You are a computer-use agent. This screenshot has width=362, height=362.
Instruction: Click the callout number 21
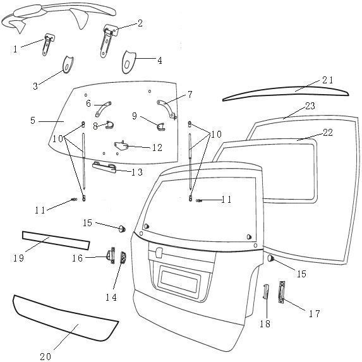pos(328,80)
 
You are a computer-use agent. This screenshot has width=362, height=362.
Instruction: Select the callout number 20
pos(45,356)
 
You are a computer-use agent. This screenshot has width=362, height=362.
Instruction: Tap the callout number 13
pos(137,172)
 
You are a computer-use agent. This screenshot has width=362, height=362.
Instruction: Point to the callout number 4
pos(160,61)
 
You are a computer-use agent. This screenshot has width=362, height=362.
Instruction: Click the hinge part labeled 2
pos(108,39)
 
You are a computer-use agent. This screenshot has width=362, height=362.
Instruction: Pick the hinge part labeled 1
pos(48,44)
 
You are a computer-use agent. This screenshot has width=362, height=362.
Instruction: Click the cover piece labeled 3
pos(68,64)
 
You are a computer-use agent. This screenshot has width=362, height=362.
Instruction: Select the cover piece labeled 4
pos(128,62)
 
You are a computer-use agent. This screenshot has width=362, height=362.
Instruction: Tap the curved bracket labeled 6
pos(103,109)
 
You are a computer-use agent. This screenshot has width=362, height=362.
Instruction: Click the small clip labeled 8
pos(109,125)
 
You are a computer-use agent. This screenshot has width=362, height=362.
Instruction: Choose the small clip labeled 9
pos(160,127)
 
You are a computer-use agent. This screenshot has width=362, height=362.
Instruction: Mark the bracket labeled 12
pos(121,145)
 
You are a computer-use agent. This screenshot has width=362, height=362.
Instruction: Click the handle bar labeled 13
pos(104,167)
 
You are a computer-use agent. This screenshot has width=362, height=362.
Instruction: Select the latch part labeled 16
pos(111,255)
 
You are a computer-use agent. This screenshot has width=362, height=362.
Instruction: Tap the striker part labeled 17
pos(282,292)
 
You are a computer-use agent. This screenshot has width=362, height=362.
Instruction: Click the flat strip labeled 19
pos(56,241)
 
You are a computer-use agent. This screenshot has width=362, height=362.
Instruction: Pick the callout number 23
pos(310,106)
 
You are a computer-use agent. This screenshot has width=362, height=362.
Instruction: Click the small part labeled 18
pos(266,292)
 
